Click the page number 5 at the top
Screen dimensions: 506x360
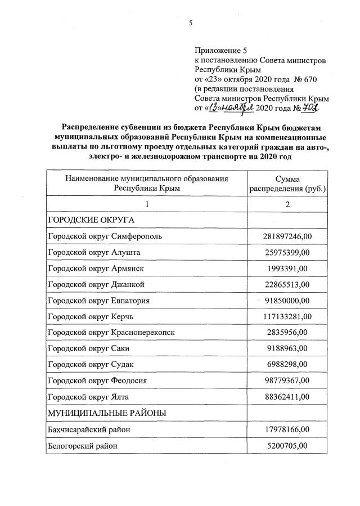coord(191,23)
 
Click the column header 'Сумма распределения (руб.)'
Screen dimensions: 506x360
coord(287,183)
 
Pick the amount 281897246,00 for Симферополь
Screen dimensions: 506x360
coord(287,235)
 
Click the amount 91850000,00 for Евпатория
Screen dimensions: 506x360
coord(287,300)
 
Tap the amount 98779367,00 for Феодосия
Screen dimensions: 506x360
coord(287,381)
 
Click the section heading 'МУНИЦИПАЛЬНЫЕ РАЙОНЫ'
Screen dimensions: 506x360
coord(107,414)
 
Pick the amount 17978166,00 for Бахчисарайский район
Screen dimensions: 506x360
coord(287,430)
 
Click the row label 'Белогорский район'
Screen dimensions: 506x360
coord(84,446)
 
